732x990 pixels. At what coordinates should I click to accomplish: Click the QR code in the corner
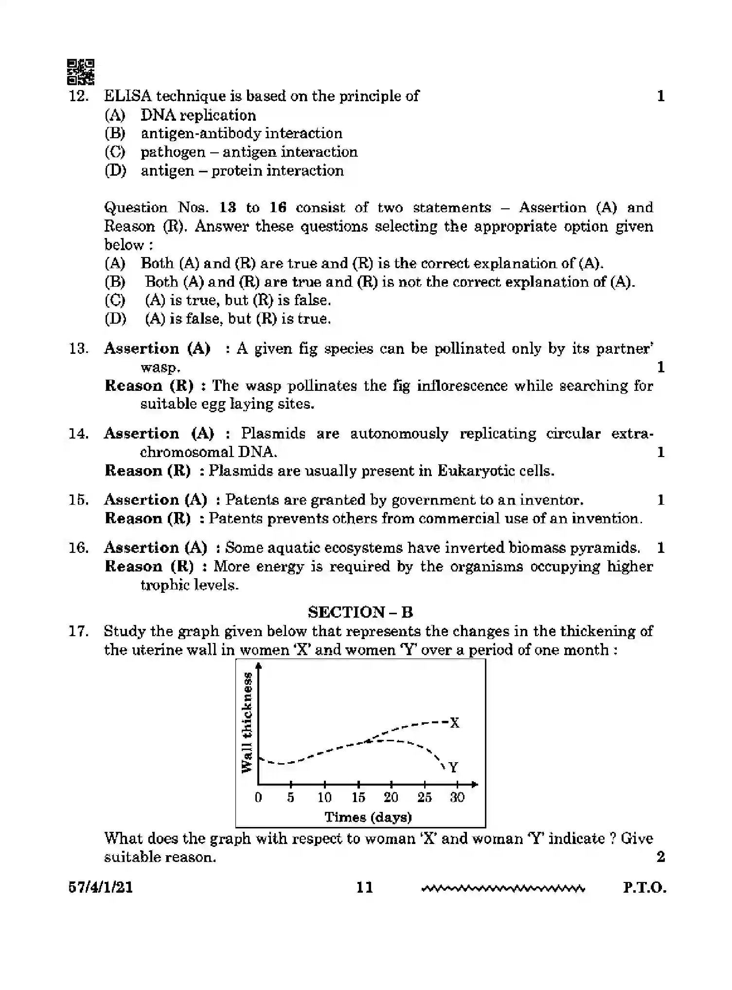tap(80, 72)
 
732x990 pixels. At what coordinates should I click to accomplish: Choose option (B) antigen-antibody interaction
tap(241, 133)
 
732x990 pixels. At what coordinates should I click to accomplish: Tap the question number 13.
tap(78, 348)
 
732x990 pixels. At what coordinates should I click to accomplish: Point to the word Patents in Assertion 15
tap(251, 500)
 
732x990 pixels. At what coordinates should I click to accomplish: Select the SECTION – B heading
tap(360, 612)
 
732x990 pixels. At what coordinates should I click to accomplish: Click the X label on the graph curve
tap(454, 723)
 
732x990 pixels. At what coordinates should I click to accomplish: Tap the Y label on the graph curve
tap(453, 768)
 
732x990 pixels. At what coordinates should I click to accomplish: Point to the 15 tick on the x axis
tap(358, 797)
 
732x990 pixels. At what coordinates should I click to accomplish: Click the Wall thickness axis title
tap(248, 722)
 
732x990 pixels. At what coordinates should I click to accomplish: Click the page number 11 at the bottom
tap(364, 887)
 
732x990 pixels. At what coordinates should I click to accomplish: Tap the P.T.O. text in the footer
tap(644, 887)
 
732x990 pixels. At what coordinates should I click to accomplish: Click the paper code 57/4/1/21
tap(101, 887)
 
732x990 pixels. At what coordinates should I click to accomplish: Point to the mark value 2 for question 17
tap(661, 857)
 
